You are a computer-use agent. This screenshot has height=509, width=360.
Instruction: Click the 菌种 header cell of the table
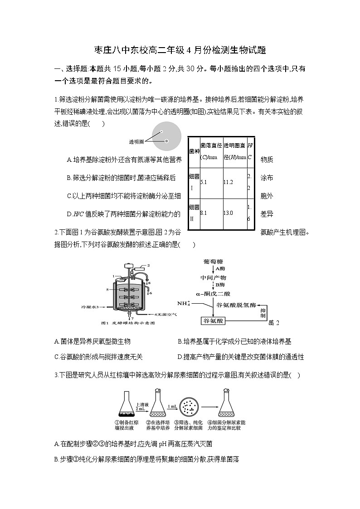pyautogui.click(x=194, y=151)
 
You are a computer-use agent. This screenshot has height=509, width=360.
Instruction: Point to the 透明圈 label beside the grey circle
pyautogui.click(x=136, y=141)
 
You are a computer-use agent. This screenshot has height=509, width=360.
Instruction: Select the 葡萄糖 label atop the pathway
pyautogui.click(x=214, y=262)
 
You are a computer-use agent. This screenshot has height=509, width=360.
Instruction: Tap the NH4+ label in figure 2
pyautogui.click(x=184, y=303)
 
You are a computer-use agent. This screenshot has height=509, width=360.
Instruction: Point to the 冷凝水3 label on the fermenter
pyautogui.click(x=90, y=307)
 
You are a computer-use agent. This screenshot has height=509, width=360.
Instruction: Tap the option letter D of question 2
pyautogui.click(x=180, y=357)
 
